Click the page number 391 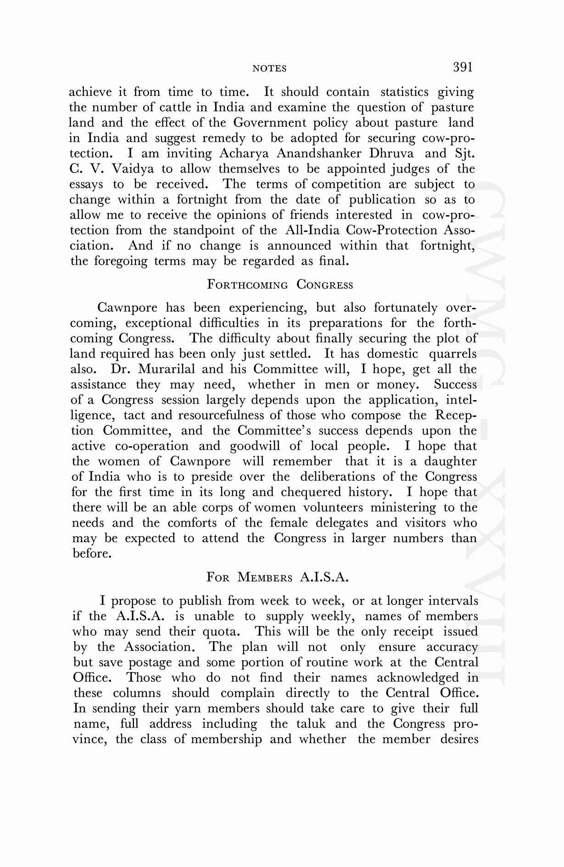[463, 67]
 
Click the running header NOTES [269, 69]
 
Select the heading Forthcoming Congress [280, 284]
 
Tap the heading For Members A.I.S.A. [278, 577]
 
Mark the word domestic [392, 354]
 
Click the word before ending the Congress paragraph [91, 554]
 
